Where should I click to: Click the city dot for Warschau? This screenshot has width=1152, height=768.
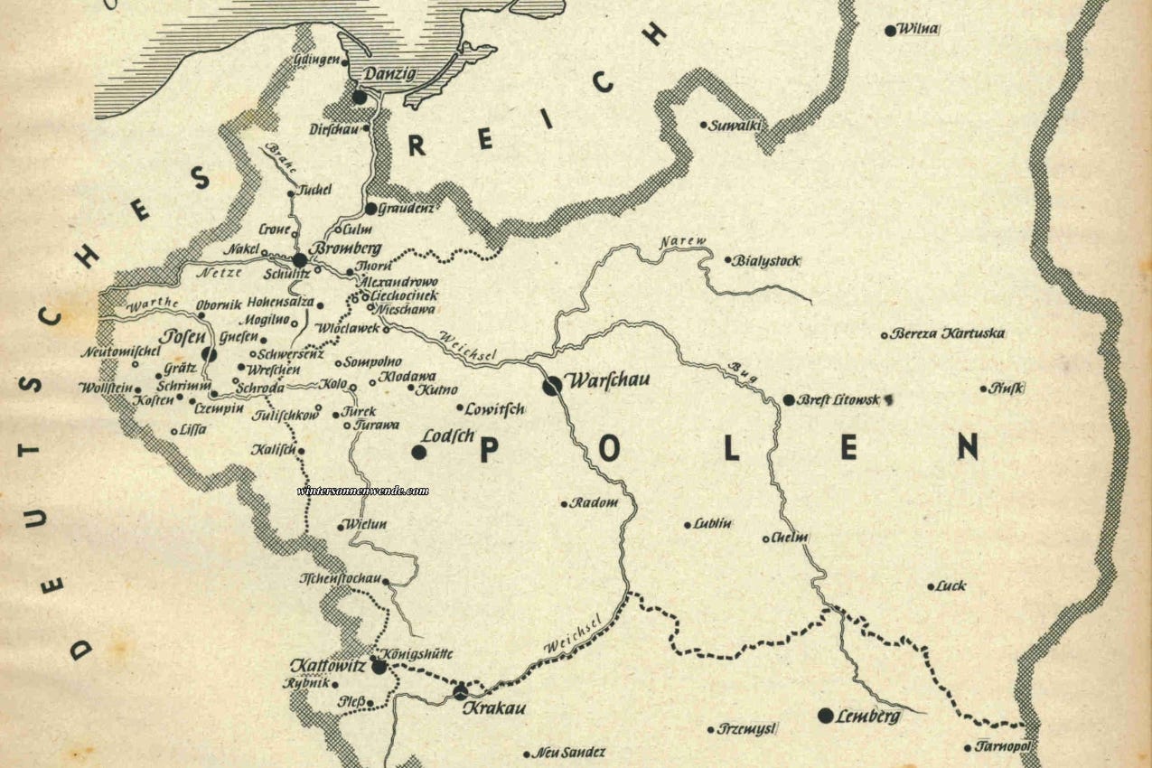pos(552,386)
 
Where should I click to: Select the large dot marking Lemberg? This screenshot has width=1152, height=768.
pos(825,716)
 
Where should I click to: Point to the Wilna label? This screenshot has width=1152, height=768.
pos(918,30)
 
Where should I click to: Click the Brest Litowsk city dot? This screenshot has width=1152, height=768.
pos(789,399)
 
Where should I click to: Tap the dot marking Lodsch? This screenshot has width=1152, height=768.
pos(419,452)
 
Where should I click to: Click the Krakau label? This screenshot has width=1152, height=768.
pos(493,708)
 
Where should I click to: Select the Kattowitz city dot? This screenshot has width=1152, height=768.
pos(379,667)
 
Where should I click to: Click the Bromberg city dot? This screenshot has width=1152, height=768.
pos(300,260)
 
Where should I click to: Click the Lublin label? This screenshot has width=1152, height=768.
pos(713,523)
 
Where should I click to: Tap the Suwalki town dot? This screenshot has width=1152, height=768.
pos(704,125)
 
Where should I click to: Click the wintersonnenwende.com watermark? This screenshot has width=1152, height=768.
pos(362,491)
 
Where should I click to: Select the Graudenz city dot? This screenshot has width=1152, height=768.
pos(370,208)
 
